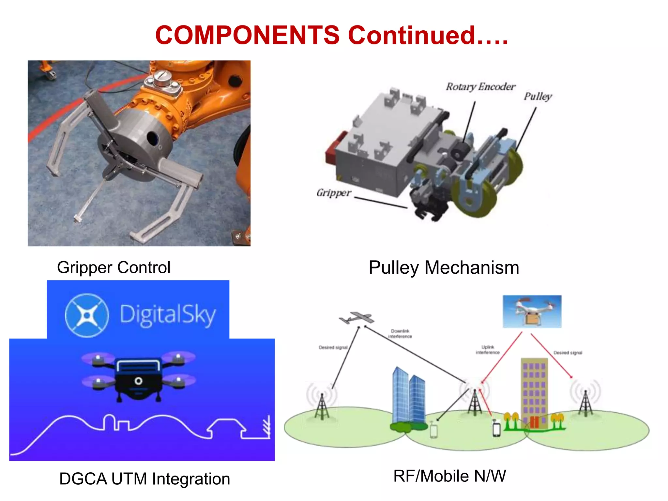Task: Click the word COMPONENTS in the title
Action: pos(247,35)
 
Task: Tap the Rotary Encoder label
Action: pos(480,87)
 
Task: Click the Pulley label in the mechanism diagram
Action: pos(538,97)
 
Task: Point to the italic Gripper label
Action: pos(334,193)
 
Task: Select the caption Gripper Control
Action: pos(114,267)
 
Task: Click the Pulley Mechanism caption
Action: pos(444,267)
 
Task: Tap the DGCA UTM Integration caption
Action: pos(144,479)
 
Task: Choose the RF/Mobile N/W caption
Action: pos(449,476)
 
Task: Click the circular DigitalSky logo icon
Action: pos(87,315)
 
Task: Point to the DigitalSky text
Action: pos(168,315)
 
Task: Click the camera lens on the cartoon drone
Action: pos(138,381)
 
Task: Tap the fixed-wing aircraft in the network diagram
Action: pos(356,318)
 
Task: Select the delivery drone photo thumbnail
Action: pos(532,311)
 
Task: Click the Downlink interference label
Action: pos(400,334)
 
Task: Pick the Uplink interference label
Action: pos(487,350)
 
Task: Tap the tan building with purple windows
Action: pos(534,391)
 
